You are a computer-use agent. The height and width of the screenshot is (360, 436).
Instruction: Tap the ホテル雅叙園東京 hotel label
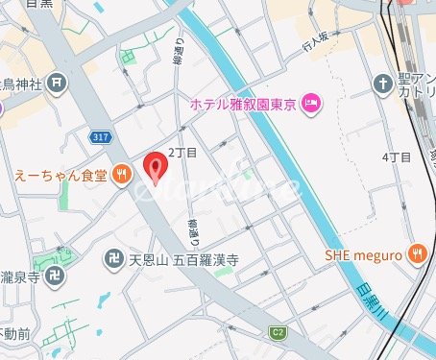tap(244, 103)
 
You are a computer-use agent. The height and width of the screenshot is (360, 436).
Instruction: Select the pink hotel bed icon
tap(310, 103)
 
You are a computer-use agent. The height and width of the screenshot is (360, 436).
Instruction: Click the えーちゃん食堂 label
tap(60, 174)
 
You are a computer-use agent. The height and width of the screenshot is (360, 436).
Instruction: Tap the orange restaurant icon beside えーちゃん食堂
tap(120, 174)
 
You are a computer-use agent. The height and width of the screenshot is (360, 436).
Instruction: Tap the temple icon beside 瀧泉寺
tap(59, 276)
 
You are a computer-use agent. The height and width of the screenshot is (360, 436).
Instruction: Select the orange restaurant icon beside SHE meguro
tap(416, 253)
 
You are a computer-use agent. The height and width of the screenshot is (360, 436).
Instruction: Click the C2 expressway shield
tap(278, 332)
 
